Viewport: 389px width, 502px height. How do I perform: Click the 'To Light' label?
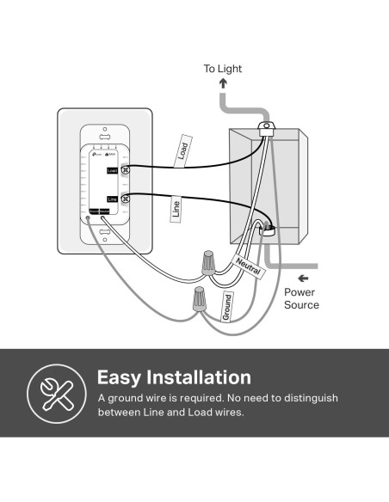coord(222,68)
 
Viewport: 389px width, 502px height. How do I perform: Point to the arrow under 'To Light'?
coord(222,83)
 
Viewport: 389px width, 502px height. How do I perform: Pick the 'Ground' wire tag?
coord(227,308)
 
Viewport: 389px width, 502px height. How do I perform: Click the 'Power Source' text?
coord(301,298)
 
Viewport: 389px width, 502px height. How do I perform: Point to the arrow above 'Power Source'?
coord(302,279)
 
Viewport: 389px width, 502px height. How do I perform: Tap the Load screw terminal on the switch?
coord(126,171)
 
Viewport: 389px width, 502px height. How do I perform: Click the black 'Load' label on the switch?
coord(112,171)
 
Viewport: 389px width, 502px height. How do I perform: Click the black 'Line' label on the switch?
coord(112,199)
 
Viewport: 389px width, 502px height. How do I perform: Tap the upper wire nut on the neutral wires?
coord(207,261)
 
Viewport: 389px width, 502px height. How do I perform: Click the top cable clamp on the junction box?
coord(268,129)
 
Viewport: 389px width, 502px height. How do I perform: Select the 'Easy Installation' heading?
coord(174,377)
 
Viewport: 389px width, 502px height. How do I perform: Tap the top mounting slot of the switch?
coord(105,135)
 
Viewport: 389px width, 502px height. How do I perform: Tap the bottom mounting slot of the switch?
coord(105,230)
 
